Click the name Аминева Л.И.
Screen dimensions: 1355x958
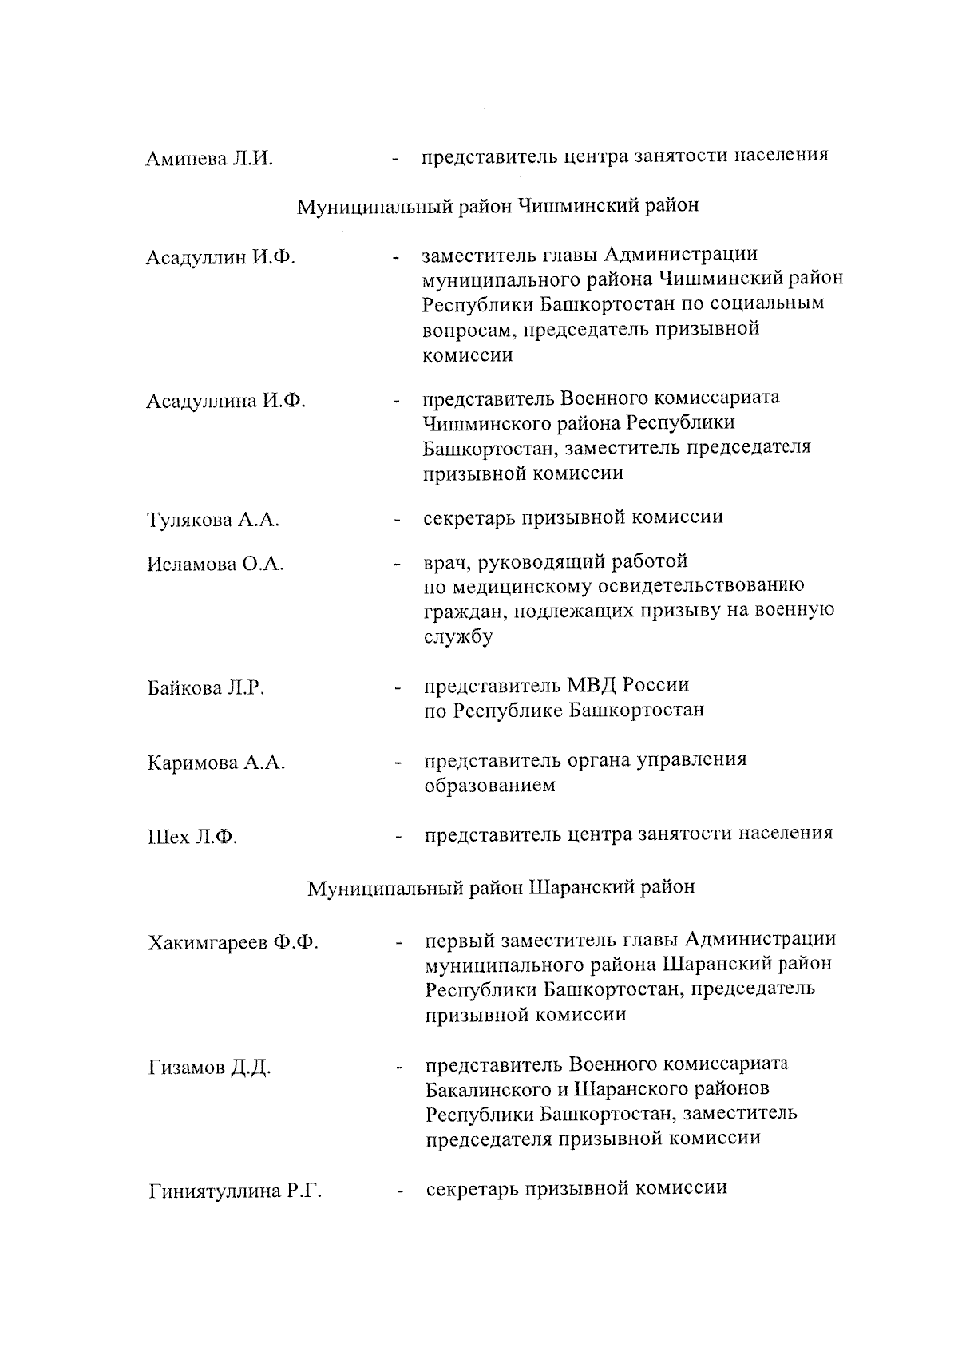pos(209,158)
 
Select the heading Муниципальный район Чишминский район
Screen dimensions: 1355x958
pos(497,206)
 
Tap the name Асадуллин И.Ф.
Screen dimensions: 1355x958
pos(220,258)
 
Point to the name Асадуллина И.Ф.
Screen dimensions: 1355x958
pos(226,401)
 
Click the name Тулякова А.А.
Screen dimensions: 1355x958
pos(213,521)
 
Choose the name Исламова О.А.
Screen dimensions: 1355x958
pos(216,565)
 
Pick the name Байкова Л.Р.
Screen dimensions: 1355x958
pos(206,688)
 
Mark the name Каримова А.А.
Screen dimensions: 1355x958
pos(216,763)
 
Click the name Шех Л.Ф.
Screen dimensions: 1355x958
pos(192,838)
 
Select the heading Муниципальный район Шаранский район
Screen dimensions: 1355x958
pos(501,888)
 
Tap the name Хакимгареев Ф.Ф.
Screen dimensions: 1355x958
pos(233,943)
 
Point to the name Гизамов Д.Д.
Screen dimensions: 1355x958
pos(209,1068)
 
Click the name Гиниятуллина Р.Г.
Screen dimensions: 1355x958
pos(236,1192)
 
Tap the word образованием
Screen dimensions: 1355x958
pos(489,786)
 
